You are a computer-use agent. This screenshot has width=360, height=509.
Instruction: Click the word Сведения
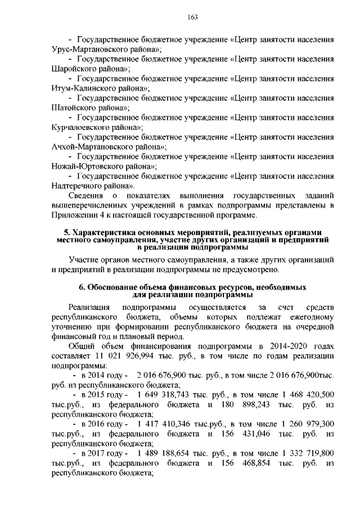[85, 195]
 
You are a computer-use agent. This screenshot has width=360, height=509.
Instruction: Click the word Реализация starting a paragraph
[88, 307]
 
